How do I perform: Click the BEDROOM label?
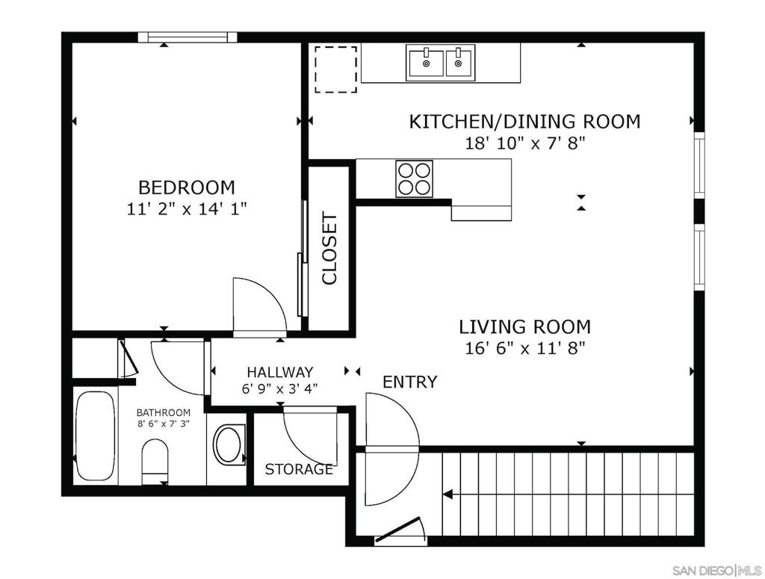pos(186,188)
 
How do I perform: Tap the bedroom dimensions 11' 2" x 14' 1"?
pos(186,209)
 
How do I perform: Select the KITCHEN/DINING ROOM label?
pos(524,122)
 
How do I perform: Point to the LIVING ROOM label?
pos(525,326)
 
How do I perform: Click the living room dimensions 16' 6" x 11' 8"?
pos(524,349)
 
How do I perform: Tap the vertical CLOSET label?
pos(329,248)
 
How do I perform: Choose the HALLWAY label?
pos(279,372)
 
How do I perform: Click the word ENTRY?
pos(410,382)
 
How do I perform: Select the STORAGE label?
pos(299,469)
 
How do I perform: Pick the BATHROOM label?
pos(164,412)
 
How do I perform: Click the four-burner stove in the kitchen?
pos(414,179)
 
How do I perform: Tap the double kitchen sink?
pos(441,63)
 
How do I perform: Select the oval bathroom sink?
pos(228,444)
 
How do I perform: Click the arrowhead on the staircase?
pos(447,495)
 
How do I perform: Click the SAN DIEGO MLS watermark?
pos(716,570)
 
